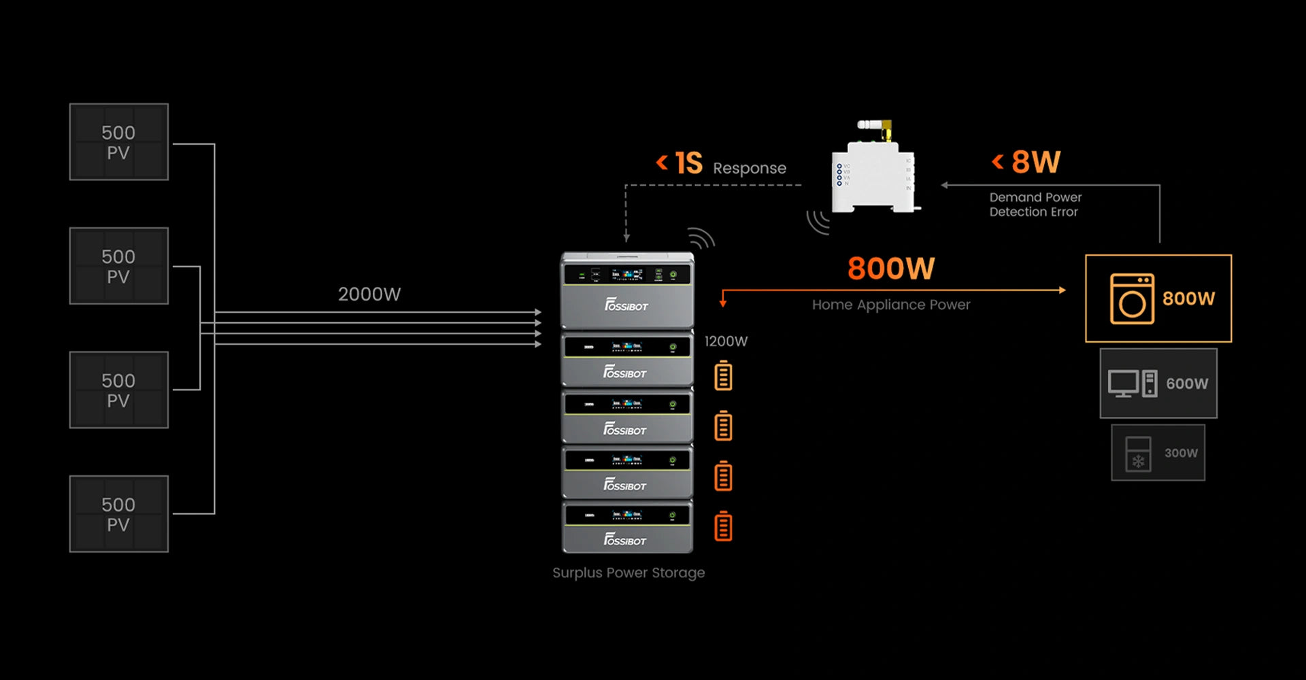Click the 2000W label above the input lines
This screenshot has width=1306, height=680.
369,294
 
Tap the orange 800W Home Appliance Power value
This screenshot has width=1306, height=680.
891,269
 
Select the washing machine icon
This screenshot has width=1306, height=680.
1132,299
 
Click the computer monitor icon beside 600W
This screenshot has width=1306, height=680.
1123,384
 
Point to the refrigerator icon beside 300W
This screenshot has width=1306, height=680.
1138,454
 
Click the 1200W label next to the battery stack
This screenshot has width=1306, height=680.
726,341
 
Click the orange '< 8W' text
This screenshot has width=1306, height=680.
1026,162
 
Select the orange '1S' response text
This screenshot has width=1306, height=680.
688,163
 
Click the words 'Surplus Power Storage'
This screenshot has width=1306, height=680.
629,573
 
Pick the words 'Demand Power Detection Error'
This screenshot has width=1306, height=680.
1035,205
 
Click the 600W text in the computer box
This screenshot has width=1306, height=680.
1187,384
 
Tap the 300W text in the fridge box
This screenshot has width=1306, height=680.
1181,453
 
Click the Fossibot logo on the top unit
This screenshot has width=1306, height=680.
626,305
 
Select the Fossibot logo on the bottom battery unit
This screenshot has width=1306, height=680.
625,540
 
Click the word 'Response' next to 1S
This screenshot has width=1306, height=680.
749,168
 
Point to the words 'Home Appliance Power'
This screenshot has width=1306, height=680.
891,305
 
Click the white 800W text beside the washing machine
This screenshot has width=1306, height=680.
1188,299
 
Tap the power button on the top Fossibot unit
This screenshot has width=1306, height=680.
673,275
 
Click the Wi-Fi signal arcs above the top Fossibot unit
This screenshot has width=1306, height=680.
701,238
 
